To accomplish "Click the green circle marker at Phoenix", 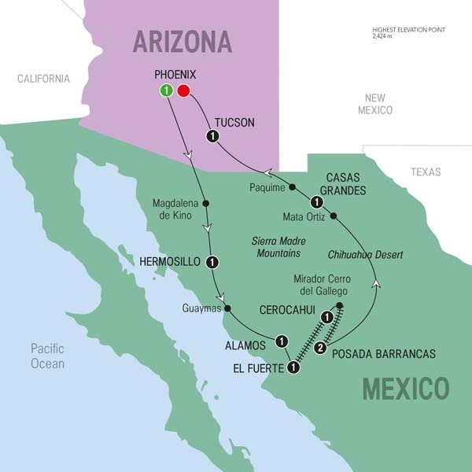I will [x=166, y=91].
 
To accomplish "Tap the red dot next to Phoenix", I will [x=184, y=91].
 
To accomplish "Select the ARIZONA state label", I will [x=182, y=41].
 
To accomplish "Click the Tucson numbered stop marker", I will [x=212, y=137].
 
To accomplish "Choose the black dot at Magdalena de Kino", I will [x=206, y=203].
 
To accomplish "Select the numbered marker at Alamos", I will [x=281, y=341].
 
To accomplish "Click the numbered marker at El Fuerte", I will [x=293, y=367].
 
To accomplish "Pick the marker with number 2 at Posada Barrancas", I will [x=320, y=348].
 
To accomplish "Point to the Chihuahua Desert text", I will [x=364, y=254].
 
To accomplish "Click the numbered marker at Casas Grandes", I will [x=315, y=201].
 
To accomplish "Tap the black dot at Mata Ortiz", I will [x=334, y=216].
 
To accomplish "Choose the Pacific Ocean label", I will [x=47, y=356].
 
